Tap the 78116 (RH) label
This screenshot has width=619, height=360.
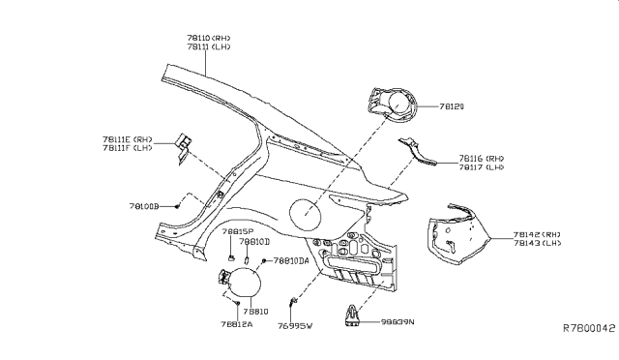(x=481, y=158)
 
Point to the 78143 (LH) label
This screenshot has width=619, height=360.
(x=539, y=243)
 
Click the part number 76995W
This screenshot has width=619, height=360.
(x=296, y=326)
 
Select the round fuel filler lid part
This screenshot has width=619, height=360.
(x=243, y=286)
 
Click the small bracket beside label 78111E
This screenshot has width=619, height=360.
(x=182, y=144)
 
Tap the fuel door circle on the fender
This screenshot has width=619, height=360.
(x=307, y=213)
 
